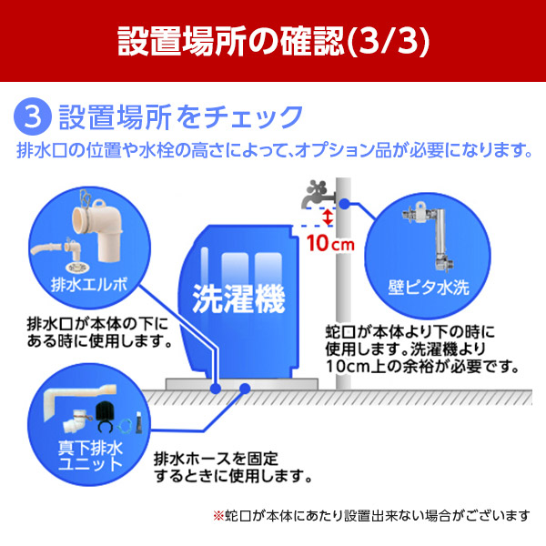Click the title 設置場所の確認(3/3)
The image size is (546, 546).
[273, 41]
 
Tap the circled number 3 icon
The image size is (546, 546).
[34, 117]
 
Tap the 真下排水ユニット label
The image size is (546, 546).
[86, 455]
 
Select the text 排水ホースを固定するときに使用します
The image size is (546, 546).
[233, 466]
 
